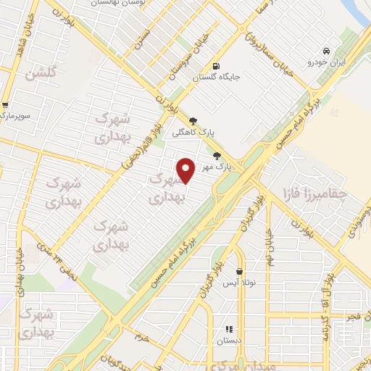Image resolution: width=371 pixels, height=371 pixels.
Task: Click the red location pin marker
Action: click(186, 170)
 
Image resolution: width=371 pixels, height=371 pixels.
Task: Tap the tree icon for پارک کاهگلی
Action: click(193, 121)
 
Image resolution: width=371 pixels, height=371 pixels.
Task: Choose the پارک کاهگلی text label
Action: click(193, 133)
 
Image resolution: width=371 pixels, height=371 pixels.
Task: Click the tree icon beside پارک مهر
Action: click(216, 156)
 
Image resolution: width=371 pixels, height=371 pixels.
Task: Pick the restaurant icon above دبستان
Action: click(229, 329)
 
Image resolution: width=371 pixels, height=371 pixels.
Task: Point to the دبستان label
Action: click(230, 341)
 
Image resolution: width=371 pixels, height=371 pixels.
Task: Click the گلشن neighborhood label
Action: click(40, 74)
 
